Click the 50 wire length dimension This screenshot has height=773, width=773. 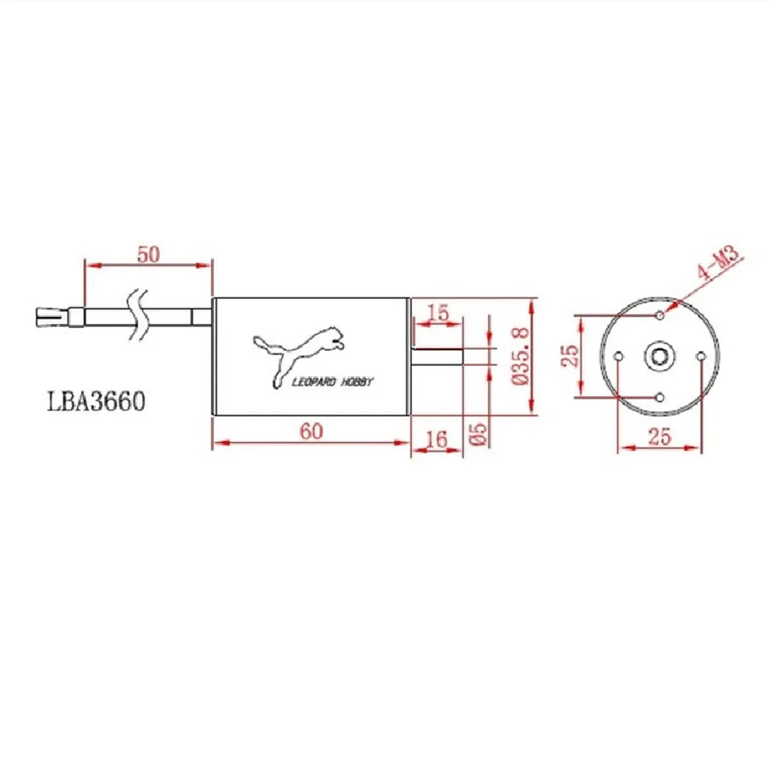pos(148,254)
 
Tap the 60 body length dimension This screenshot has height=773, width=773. pos(312,431)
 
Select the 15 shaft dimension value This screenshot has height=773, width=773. pos(438,312)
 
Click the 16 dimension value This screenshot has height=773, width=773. pos(437,439)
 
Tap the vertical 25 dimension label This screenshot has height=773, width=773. pos(570,356)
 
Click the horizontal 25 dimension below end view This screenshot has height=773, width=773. pos(659,437)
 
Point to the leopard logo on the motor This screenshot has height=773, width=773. pos(298,352)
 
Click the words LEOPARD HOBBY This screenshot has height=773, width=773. pos(332,381)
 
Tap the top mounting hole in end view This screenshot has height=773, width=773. pos(659,315)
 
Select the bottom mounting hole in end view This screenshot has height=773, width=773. pos(659,397)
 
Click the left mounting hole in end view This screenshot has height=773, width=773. pos(618,356)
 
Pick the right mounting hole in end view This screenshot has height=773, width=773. pos(700,356)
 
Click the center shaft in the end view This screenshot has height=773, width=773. pos(659,356)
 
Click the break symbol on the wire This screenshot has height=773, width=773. pos(139,315)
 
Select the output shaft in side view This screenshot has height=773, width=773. pos(437,356)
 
